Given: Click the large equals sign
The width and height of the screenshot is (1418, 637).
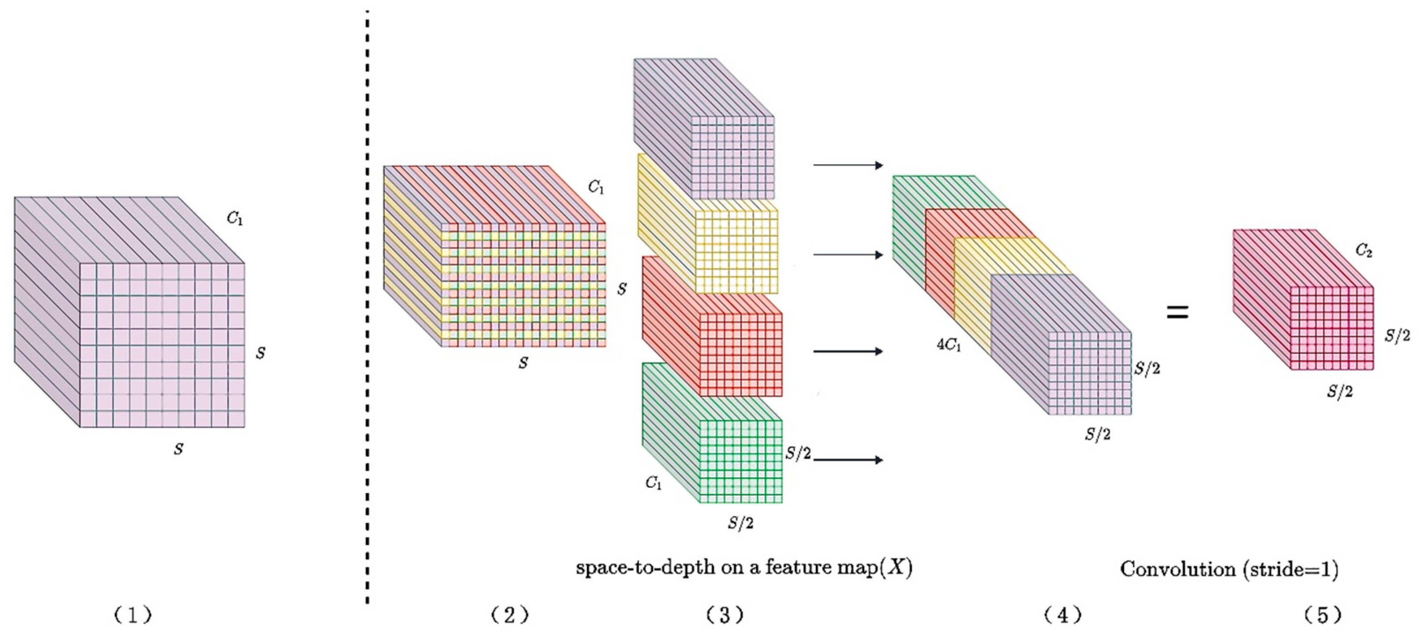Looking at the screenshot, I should click(x=1178, y=313).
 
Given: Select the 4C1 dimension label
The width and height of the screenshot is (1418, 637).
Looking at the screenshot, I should click(x=949, y=345).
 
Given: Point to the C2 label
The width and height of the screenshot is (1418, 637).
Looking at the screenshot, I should click(x=1363, y=251).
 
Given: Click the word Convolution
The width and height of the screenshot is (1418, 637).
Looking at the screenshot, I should click(x=1178, y=569).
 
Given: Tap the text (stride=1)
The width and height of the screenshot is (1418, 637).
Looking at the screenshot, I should click(x=1290, y=569).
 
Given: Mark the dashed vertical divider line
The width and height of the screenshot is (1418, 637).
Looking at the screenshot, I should click(x=367, y=308).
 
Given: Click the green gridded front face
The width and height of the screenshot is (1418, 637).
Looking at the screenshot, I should click(x=740, y=461).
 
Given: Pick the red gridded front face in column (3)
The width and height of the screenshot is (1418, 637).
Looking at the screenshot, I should click(x=740, y=354).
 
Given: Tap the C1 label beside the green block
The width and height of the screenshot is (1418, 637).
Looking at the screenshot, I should click(x=653, y=483).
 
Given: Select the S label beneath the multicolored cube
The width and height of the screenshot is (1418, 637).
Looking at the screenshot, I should click(x=523, y=363).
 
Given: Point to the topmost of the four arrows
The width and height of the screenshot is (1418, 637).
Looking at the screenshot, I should click(x=848, y=165).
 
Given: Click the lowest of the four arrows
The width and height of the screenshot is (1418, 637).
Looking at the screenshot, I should click(x=848, y=459).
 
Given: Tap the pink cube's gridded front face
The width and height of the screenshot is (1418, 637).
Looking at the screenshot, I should click(x=1332, y=328).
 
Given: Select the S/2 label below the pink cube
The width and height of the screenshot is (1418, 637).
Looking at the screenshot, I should click(x=1339, y=391).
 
